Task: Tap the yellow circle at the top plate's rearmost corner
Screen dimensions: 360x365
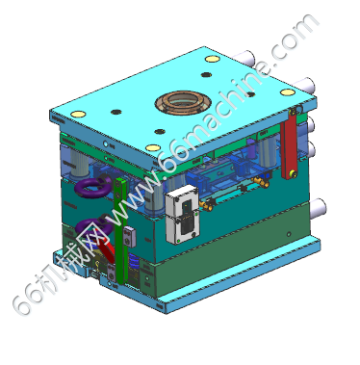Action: click(211, 59)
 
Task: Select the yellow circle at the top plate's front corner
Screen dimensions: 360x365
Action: click(153, 147)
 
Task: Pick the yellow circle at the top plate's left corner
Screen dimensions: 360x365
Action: click(78, 114)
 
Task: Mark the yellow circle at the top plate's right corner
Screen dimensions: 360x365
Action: click(288, 92)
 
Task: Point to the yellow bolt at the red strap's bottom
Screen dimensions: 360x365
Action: click(293, 174)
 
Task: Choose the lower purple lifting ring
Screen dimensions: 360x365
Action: click(93, 226)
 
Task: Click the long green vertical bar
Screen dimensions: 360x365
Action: click(120, 230)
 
